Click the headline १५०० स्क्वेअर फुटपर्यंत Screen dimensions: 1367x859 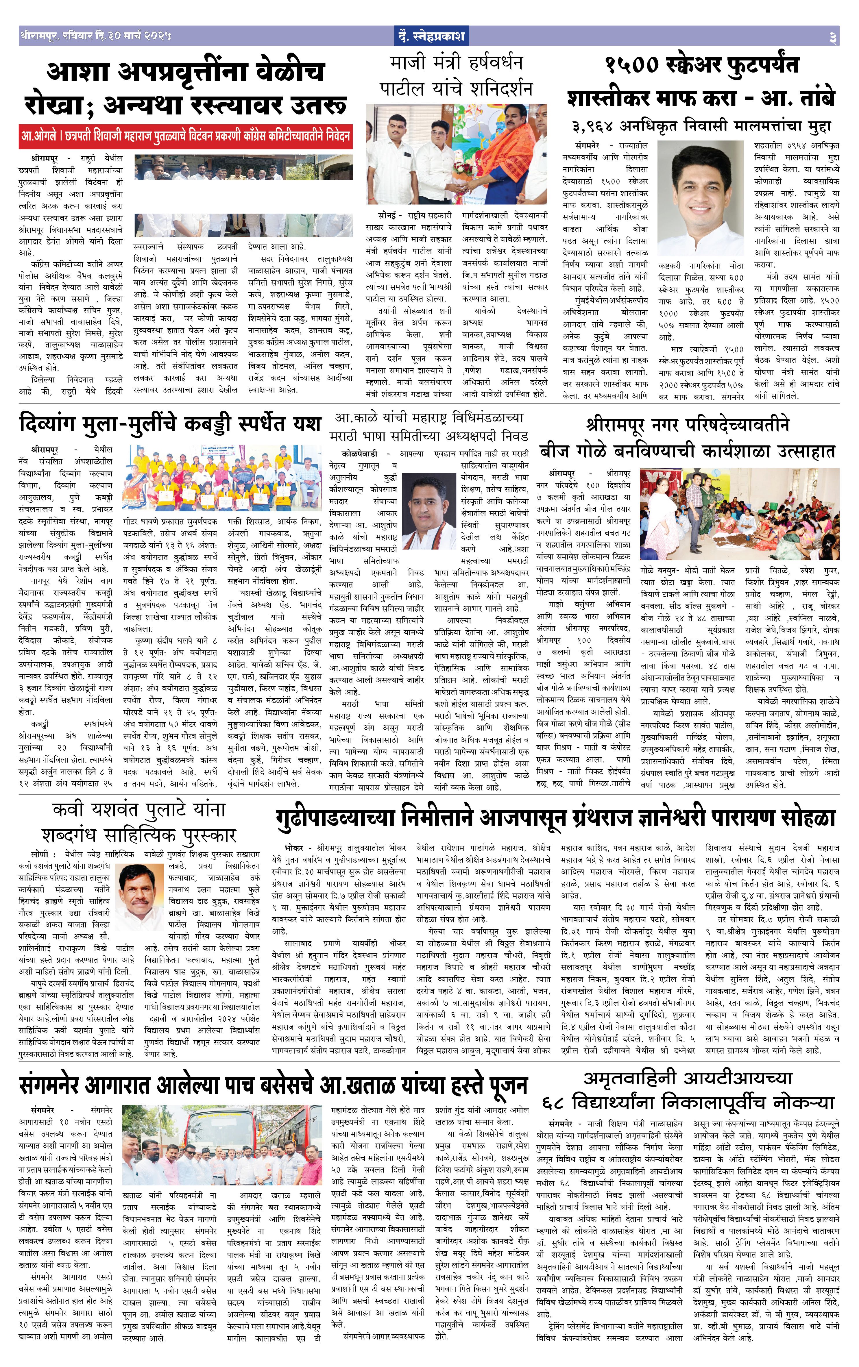pyautogui.click(x=702, y=65)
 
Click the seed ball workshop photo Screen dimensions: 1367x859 pyautogui.click(x=739, y=514)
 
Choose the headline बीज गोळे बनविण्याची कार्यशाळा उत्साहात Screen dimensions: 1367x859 pyautogui.click(x=687, y=451)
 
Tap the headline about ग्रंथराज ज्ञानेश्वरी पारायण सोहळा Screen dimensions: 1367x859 pyautogui.click(x=555, y=817)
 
